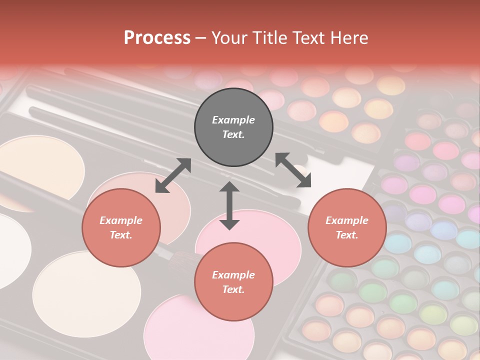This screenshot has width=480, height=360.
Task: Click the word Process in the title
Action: click(157, 38)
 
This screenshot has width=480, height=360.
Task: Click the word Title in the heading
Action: click(266, 38)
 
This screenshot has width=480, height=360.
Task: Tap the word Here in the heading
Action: click(349, 38)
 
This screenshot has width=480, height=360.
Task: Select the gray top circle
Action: click(233, 127)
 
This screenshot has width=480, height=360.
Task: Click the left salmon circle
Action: click(121, 227)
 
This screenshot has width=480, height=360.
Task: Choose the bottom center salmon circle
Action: click(233, 282)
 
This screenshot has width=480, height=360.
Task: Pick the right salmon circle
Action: click(347, 227)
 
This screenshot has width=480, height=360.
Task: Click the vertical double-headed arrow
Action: click(229, 205)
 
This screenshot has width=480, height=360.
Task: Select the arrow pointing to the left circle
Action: click(173, 175)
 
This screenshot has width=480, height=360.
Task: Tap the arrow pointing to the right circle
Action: click(293, 170)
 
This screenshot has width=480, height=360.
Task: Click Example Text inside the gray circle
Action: click(233, 127)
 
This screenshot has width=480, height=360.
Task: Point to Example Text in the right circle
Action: click(347, 227)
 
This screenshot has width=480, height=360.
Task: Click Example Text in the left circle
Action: click(121, 227)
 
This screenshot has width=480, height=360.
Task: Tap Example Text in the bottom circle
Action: click(233, 282)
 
